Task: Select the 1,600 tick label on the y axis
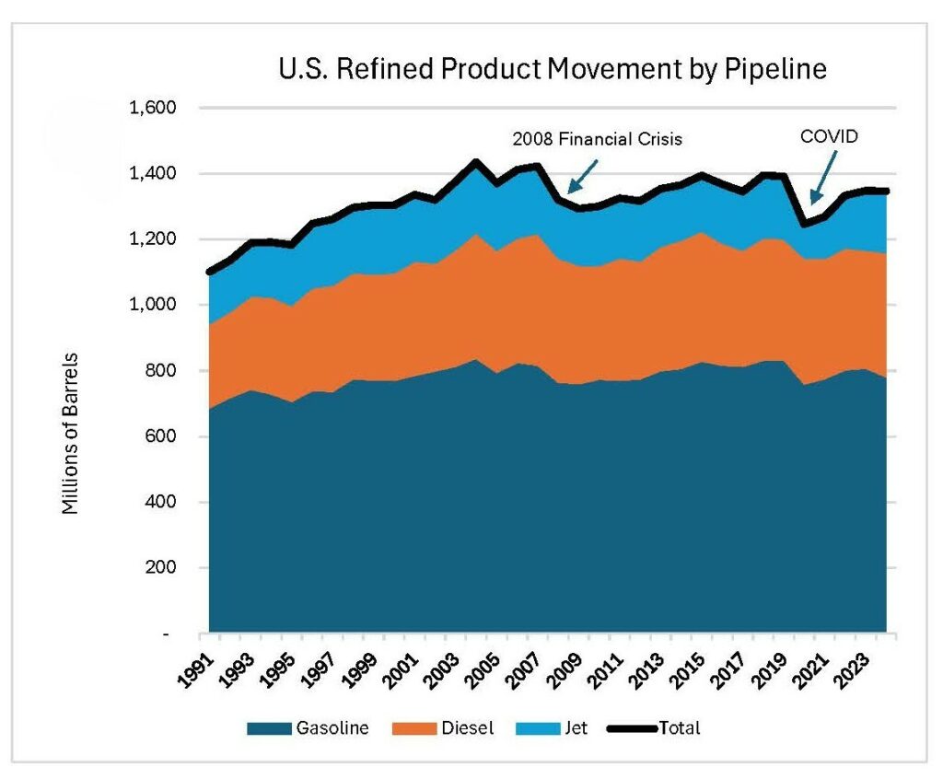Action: click(x=152, y=108)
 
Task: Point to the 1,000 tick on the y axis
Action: click(x=152, y=305)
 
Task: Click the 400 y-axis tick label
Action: click(x=162, y=502)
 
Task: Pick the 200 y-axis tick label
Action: click(x=162, y=567)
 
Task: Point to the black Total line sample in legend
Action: click(x=632, y=728)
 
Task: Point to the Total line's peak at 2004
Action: click(x=476, y=162)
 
